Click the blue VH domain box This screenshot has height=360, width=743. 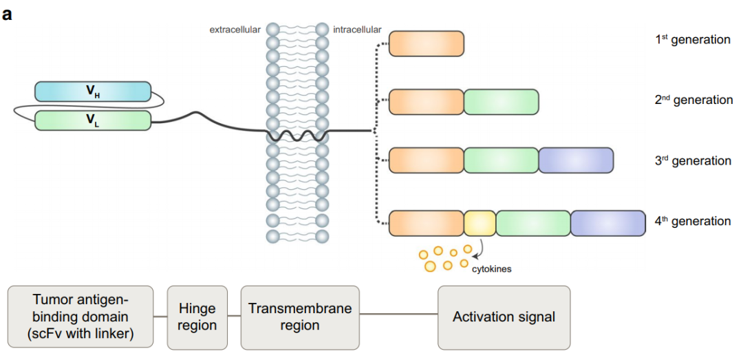93,91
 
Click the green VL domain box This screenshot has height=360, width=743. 93,120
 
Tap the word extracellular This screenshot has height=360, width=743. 235,30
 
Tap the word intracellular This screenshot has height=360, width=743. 357,30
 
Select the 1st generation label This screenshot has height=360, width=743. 692,40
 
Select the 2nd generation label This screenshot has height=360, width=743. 693,100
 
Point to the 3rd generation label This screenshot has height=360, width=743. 693,161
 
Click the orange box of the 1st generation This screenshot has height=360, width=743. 427,43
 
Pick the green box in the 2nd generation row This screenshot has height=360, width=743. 501,102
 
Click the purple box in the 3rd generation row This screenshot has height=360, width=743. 576,160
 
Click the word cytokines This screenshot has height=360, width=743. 491,269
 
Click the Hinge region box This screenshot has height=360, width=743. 197,317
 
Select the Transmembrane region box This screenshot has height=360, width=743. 299,317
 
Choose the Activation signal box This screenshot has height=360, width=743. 504,317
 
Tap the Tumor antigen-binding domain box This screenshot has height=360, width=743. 80,317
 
